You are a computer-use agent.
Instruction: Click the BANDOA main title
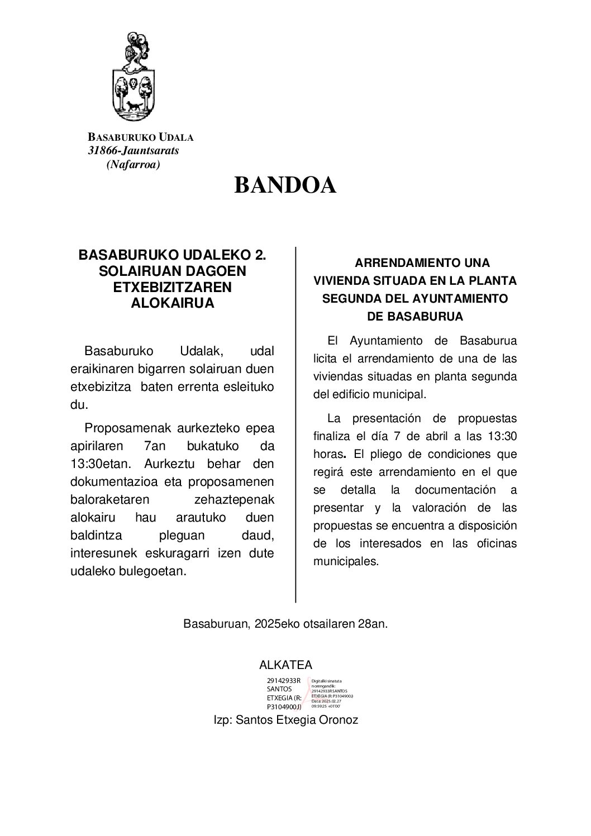click(285, 185)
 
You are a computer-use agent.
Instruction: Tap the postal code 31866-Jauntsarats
click(134, 150)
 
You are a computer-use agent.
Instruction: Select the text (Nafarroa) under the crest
click(133, 164)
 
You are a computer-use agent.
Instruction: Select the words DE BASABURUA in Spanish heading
click(415, 317)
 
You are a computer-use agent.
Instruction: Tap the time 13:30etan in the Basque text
click(100, 464)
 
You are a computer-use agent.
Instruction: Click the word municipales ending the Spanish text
click(346, 561)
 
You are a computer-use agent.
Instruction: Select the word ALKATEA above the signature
click(285, 665)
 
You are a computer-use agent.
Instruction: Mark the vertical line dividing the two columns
click(295, 424)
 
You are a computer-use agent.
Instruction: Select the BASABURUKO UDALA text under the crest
click(141, 137)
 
